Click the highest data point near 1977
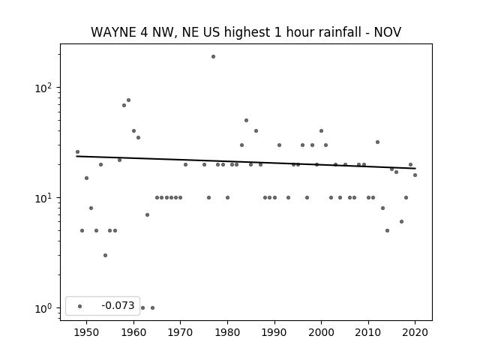coord(213,57)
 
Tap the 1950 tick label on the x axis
coord(86,332)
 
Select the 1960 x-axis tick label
coord(133,332)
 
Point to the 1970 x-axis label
coord(180,332)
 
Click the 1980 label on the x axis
coord(227,332)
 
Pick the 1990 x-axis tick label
coord(274,332)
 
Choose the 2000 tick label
coord(322,332)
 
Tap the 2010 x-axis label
coord(368,332)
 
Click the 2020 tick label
coord(415,332)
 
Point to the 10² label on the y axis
coord(43,88)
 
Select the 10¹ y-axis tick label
coord(43,198)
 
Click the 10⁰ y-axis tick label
coord(43,308)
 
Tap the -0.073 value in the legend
coord(118,305)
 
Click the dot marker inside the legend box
coord(80,306)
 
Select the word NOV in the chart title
coord(388,32)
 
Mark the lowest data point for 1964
coord(152,307)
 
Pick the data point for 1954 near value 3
coord(105,255)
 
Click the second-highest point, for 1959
coord(128,100)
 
